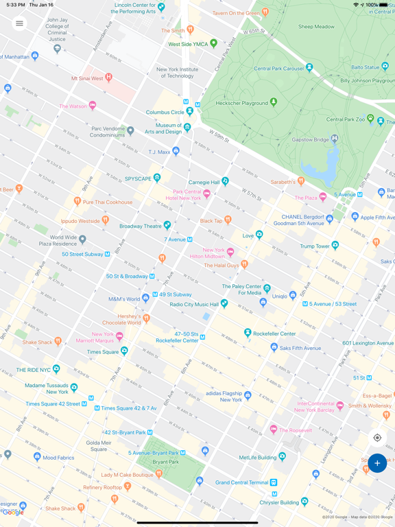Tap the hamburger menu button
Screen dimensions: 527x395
pyautogui.click(x=19, y=23)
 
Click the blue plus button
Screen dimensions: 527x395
pyautogui.click(x=377, y=463)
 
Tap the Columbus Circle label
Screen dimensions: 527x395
pyautogui.click(x=165, y=113)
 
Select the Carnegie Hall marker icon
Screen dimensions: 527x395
pyautogui.click(x=225, y=182)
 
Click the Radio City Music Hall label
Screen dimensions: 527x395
pyautogui.click(x=194, y=304)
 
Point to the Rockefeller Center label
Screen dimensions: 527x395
pyautogui.click(x=274, y=333)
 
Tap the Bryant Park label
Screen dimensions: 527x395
pyautogui.click(x=165, y=462)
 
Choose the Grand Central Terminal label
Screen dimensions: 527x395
pyautogui.click(x=241, y=482)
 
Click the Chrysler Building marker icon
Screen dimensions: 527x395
pyautogui.click(x=304, y=502)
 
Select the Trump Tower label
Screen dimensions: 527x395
pyautogui.click(x=314, y=246)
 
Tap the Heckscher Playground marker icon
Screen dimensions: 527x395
pyautogui.click(x=274, y=102)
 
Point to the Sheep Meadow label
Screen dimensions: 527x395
pyautogui.click(x=316, y=27)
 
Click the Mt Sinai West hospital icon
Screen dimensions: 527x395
pyautogui.click(x=108, y=78)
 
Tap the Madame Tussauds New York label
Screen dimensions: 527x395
pyautogui.click(x=47, y=388)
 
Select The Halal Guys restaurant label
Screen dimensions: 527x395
pyautogui.click(x=222, y=265)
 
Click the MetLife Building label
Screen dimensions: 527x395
pyautogui.click(x=258, y=457)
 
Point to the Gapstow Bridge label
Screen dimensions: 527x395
pyautogui.click(x=311, y=139)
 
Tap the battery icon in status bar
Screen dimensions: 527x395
pyautogui.click(x=385, y=5)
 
